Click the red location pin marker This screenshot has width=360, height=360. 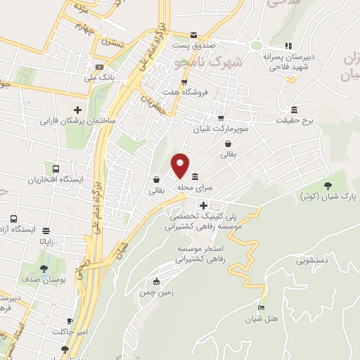point(181,165)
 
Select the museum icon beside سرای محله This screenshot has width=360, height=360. point(195,176)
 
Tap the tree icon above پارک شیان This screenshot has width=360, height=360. point(328,186)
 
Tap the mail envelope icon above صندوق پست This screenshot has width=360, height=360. point(195,34)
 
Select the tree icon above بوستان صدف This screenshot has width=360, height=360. point(44,269)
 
